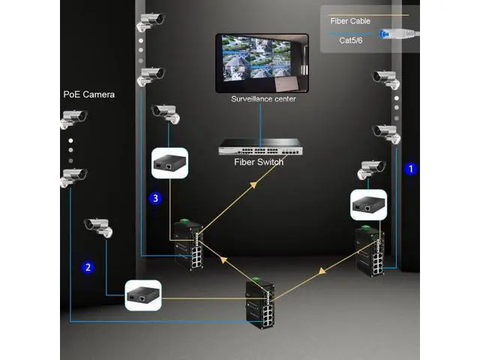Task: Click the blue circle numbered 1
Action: tap(409, 169)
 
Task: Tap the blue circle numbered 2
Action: tap(88, 266)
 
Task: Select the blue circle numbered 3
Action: tap(155, 199)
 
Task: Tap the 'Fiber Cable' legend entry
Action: tap(349, 20)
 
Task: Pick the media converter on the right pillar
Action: tap(367, 205)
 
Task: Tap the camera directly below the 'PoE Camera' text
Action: tap(73, 119)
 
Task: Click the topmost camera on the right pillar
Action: tap(385, 77)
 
